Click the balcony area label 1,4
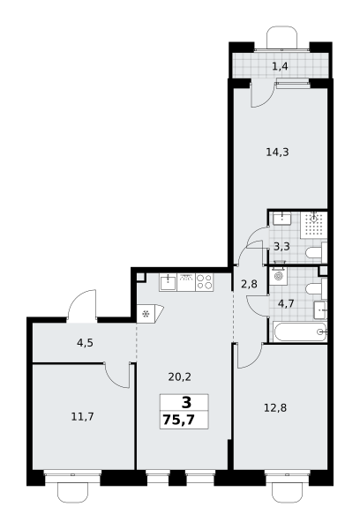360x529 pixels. tap(280, 66)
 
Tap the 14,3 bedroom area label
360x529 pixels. tap(277, 153)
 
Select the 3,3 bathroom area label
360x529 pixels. tap(281, 247)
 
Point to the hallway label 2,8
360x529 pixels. tap(249, 285)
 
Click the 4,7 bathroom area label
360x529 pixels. tap(286, 303)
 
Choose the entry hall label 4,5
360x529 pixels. tap(85, 343)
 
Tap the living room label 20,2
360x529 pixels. tap(180, 376)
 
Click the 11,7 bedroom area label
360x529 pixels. tap(82, 417)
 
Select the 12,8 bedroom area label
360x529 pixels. tap(275, 408)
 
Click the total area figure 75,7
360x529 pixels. tap(178, 420)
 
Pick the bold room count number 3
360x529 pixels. tap(186, 403)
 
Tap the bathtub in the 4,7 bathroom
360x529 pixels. tap(300, 332)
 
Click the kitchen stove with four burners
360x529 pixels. tap(205, 282)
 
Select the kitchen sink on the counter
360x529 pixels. tap(168, 282)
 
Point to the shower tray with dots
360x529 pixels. tap(314, 223)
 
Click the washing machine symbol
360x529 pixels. tap(279, 276)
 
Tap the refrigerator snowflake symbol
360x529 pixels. tap(146, 315)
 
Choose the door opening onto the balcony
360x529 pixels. tap(262, 95)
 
